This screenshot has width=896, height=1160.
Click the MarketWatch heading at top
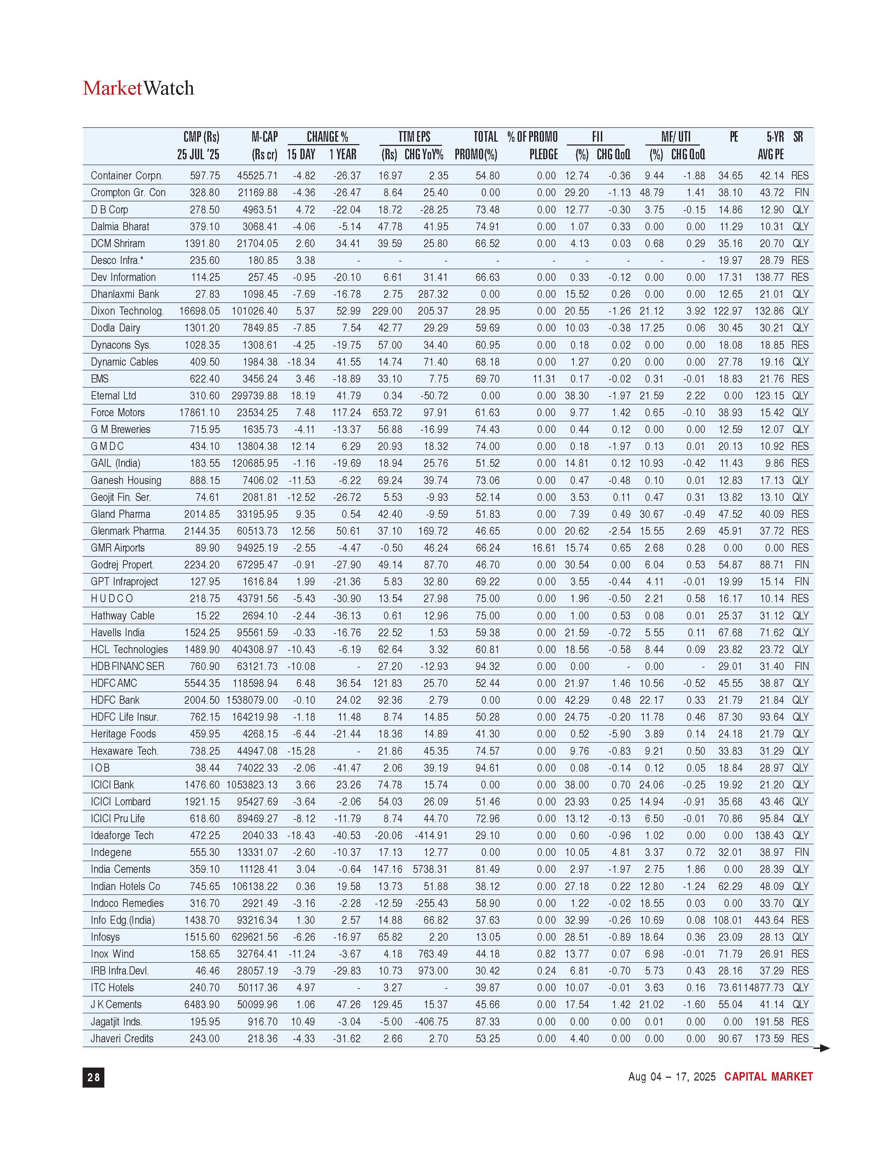point(138,88)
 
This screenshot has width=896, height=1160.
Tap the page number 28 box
point(93,1077)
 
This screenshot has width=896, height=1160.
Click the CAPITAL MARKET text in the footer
point(768,1077)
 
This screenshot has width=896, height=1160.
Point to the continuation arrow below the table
point(822,1048)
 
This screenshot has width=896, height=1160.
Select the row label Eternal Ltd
point(113,396)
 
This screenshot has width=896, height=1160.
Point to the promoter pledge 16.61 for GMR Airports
point(544,548)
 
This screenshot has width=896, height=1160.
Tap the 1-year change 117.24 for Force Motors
point(346,413)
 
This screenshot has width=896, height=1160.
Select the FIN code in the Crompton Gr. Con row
point(801,192)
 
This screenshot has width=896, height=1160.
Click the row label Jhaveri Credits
point(122,1038)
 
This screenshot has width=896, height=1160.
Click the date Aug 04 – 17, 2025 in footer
point(671,1077)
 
